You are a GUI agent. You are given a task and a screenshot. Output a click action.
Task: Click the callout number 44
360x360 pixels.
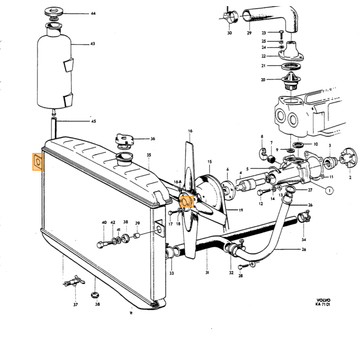[93, 13]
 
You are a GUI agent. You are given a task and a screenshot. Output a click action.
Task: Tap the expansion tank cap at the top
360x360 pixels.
[53, 12]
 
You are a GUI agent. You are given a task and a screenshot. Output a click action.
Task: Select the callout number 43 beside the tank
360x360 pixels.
[93, 44]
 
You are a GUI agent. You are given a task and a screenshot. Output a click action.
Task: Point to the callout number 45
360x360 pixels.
[94, 121]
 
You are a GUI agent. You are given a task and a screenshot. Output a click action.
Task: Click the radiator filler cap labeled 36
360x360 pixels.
[124, 139]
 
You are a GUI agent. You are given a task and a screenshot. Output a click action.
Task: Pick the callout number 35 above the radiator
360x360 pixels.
[149, 155]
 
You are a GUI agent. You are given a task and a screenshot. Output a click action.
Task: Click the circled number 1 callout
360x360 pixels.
[330, 190]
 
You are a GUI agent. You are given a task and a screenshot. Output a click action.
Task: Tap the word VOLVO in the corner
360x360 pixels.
[323, 300]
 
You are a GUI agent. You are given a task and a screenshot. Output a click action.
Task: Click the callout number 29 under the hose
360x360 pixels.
[249, 33]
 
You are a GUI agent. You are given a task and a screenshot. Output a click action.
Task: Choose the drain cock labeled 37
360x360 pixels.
[74, 282]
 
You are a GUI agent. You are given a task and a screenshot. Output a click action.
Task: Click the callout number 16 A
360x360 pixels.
[177, 182]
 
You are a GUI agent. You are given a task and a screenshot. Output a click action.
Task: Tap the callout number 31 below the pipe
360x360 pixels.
[207, 273]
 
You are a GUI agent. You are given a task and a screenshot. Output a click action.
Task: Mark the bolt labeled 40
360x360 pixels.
[105, 243]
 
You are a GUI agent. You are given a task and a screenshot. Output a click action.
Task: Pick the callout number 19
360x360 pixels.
[241, 210]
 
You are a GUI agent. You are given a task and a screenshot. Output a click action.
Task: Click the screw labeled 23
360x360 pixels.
[281, 34]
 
